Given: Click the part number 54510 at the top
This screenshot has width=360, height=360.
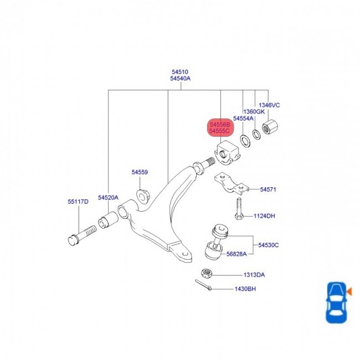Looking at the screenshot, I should click(180, 72).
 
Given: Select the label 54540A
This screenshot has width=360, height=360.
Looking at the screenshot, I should click(180, 79).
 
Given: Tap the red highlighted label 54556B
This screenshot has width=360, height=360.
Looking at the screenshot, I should click(220, 125).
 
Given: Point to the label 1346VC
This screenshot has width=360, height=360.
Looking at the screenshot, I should click(270, 105).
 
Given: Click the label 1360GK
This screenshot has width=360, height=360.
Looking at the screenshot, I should click(254, 111).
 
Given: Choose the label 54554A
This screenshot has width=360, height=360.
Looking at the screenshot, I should click(243, 119).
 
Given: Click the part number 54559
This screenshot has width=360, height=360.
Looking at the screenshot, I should click(140, 172).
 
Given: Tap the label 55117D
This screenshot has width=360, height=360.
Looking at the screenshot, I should click(78, 202).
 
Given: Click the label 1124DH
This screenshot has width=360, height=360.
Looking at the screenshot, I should click(264, 215).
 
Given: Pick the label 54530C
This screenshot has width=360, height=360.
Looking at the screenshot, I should click(268, 245).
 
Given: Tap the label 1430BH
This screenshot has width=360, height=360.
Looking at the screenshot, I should click(244, 289).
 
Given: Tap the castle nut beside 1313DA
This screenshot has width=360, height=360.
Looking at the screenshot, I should click(204, 273).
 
